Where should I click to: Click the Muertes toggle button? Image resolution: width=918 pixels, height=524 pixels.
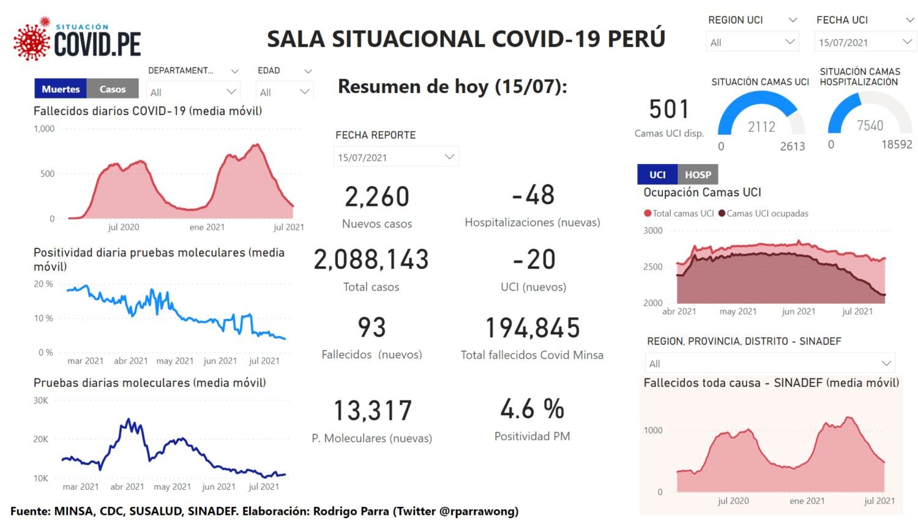coord(61,89)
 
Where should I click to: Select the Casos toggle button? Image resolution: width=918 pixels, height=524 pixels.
coord(113,89)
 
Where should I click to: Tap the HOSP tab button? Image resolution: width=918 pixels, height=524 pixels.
coord(698,175)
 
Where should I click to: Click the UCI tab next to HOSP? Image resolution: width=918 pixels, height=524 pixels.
coord(657,175)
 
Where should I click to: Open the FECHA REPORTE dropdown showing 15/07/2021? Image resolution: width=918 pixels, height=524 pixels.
coord(395,157)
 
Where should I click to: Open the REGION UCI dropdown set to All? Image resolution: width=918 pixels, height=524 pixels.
coord(752,42)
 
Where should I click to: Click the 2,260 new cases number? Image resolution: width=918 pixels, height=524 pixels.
coord(377,197)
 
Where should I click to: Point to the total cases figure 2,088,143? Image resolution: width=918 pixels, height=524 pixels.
coord(371,260)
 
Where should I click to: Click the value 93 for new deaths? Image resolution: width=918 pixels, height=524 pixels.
coord(371,328)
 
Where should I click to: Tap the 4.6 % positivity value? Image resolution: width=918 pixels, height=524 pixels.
coord(532,410)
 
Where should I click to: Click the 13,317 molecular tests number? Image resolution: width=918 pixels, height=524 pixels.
coord(372,411)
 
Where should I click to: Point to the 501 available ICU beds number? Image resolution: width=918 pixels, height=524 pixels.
coord(669,110)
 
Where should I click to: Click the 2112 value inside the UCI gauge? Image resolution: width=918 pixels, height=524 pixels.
coord(761,127)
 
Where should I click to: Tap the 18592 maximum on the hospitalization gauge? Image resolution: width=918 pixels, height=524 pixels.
coord(897,145)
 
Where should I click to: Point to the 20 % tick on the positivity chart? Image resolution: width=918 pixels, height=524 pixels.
coord(43,284)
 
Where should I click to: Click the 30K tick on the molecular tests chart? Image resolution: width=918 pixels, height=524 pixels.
coord(40,400)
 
